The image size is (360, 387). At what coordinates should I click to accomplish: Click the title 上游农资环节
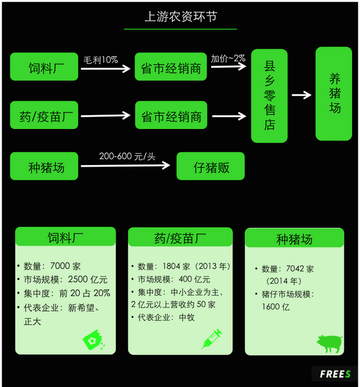tap(181, 17)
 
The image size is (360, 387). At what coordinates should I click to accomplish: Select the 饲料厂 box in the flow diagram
tap(44, 67)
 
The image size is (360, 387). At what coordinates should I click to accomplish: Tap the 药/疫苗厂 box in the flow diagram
tap(44, 115)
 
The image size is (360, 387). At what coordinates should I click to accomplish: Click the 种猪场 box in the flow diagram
tap(44, 166)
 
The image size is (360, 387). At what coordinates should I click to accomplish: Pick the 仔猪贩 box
tap(211, 166)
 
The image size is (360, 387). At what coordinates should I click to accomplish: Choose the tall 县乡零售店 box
tap(269, 96)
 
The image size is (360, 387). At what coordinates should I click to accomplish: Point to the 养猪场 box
tap(334, 94)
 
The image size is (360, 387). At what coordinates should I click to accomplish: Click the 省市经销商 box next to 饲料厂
tap(171, 67)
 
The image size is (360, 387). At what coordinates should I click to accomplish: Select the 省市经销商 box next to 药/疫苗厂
tap(171, 115)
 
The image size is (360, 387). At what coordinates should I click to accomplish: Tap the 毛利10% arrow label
tap(101, 60)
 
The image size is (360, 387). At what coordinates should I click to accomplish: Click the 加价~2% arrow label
tap(228, 58)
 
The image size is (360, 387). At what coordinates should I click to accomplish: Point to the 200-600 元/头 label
tap(127, 156)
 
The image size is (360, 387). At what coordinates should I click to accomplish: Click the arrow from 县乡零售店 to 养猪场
tap(301, 95)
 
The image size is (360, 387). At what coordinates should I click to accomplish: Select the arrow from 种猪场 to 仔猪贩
tap(125, 166)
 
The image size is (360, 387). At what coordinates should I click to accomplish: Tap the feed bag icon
tap(94, 340)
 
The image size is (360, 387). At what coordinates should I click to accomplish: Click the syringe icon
tap(211, 339)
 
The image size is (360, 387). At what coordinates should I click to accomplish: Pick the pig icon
tap(329, 343)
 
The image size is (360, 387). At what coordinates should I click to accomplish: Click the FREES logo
tap(335, 374)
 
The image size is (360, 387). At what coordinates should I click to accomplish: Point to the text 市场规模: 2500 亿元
tap(65, 280)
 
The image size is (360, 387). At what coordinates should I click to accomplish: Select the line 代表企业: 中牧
tap(166, 317)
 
